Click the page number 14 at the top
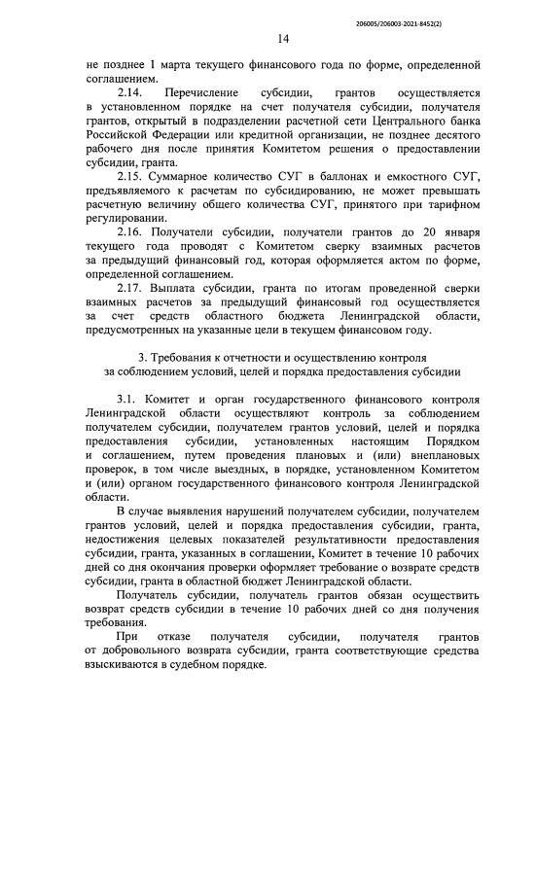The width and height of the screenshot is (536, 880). coord(283,39)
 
